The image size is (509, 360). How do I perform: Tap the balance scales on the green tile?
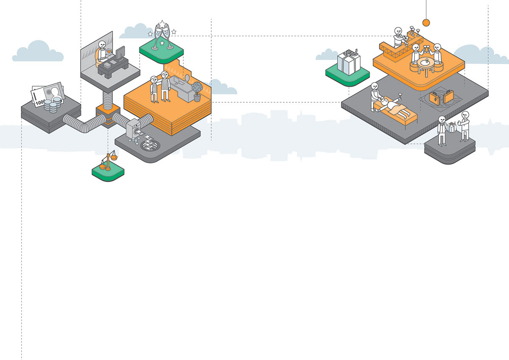pyautogui.click(x=108, y=162)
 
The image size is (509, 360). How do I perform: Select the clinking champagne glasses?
pyautogui.click(x=162, y=36)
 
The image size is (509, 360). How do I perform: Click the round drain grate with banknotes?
pyautogui.click(x=151, y=145)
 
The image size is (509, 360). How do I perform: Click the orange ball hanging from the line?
pyautogui.click(x=426, y=22)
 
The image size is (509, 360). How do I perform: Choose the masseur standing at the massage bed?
pyautogui.click(x=375, y=96)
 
